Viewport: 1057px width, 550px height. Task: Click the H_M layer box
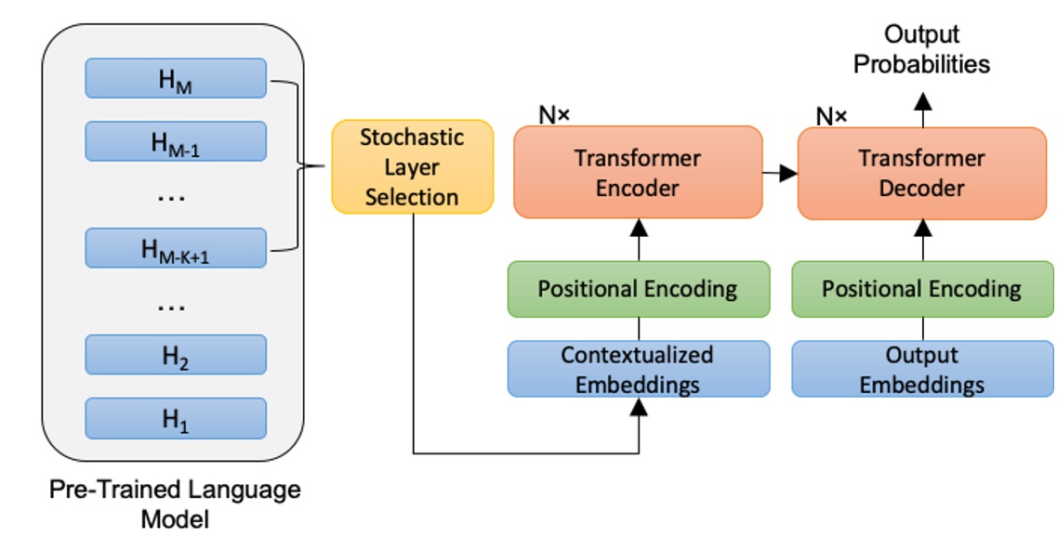pos(176,78)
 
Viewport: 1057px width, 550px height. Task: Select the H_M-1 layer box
pos(176,141)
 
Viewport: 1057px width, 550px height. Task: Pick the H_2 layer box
pos(176,354)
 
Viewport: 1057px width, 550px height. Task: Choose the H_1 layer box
pos(176,418)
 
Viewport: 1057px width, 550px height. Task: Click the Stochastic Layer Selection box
pos(412,167)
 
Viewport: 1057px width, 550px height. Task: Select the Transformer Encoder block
pos(638,173)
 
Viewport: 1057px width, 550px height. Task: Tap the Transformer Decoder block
pos(921,173)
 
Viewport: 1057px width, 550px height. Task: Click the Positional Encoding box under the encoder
pos(638,288)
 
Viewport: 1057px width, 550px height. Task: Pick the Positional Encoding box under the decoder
pos(921,288)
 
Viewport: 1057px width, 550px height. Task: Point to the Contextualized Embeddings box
pos(638,369)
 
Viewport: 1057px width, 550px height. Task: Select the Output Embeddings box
pos(921,369)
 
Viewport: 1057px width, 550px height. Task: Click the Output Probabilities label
pos(921,49)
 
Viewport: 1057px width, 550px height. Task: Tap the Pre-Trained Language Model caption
pos(175,503)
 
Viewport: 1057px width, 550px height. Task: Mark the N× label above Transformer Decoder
pos(831,115)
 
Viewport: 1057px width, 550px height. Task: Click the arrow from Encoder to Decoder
pos(779,173)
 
